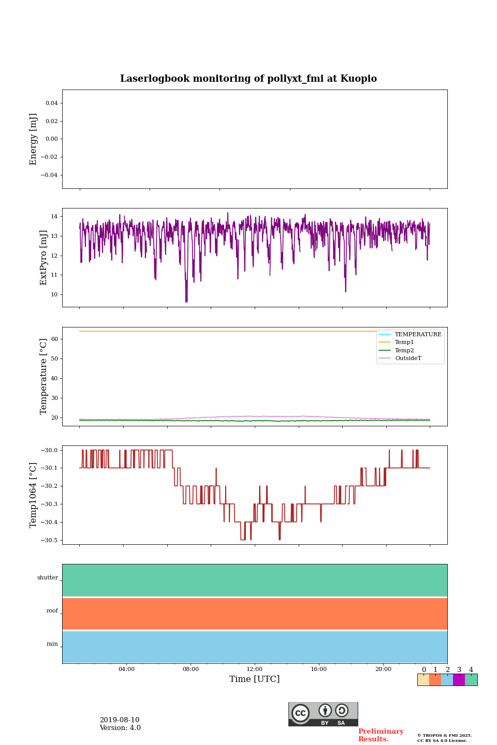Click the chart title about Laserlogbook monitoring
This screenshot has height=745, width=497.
(248, 79)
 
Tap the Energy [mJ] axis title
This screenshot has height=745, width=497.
(34, 139)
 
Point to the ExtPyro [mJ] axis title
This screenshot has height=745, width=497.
(43, 258)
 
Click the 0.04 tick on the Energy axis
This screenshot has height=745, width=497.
(51, 103)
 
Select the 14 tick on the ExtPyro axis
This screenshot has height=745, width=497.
(54, 216)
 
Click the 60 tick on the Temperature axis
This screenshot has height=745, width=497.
(54, 339)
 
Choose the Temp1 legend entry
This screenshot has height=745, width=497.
(404, 342)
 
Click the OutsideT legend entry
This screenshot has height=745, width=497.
(408, 359)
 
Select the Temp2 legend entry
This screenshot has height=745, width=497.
(404, 351)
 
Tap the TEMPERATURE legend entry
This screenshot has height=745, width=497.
(418, 335)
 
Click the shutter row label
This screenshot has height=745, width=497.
(48, 578)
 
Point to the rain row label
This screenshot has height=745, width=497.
(52, 644)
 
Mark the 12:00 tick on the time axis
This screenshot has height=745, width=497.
(255, 669)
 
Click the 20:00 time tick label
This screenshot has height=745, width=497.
(383, 669)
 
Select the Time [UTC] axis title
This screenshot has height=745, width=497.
(255, 679)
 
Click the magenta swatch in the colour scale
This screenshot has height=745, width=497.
(459, 680)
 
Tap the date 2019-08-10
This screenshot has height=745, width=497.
(120, 720)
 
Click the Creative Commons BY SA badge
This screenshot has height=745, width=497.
(323, 714)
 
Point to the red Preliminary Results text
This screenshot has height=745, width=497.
(381, 735)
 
